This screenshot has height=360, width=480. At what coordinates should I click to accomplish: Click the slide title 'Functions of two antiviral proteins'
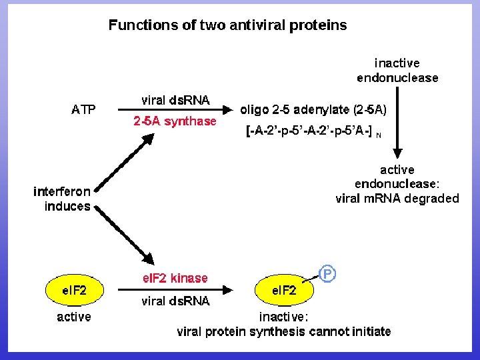coord(227,25)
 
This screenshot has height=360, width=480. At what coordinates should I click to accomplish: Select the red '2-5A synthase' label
coord(175,121)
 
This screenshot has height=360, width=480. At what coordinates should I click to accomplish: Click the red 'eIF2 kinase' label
coord(175,278)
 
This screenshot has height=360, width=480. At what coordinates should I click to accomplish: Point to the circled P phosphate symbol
coord(327,274)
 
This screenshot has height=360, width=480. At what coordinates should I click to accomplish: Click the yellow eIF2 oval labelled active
coord(74,290)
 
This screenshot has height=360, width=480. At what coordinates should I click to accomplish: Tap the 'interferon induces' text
coord(62,199)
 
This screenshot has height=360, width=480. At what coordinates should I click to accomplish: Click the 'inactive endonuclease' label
coord(397,70)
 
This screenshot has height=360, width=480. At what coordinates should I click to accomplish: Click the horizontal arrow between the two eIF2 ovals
coord(175,290)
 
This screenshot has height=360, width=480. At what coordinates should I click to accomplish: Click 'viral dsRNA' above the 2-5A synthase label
coord(175,100)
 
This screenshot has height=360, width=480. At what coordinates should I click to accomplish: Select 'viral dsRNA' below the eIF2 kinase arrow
coord(175,301)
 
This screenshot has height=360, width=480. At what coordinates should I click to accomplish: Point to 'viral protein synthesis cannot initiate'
coord(284,331)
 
